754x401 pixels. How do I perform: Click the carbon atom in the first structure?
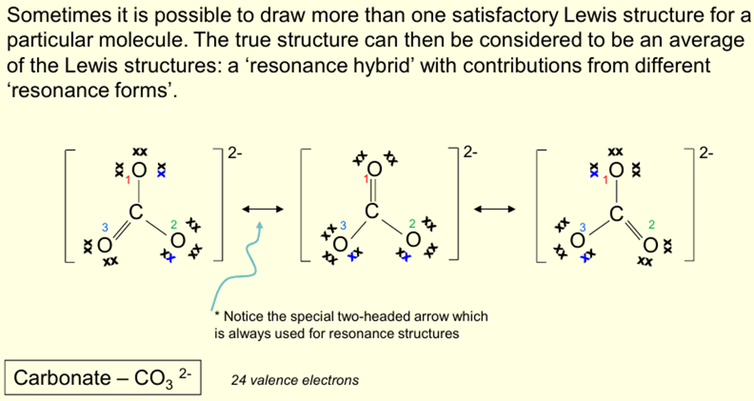point(136,213)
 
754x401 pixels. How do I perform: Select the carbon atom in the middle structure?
point(371,211)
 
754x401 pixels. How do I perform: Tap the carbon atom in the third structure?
point(615,213)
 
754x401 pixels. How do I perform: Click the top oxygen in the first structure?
point(140,170)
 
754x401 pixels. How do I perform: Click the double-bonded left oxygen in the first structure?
point(103,244)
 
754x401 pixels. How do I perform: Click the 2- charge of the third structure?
point(706,153)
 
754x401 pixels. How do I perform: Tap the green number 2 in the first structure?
point(172,225)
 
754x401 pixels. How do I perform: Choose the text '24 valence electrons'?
point(294,379)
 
